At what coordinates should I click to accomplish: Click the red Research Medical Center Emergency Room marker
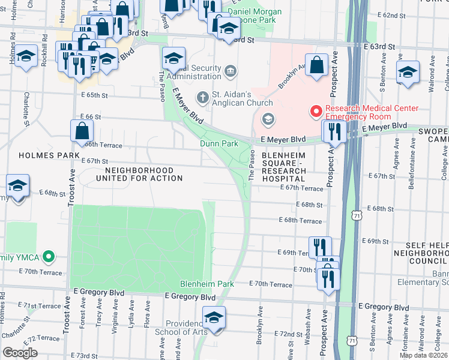(316, 112)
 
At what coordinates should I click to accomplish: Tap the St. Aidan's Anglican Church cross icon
(203, 97)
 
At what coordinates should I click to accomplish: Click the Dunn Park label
(219, 144)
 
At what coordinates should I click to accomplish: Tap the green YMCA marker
(50, 258)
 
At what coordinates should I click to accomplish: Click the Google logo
(20, 353)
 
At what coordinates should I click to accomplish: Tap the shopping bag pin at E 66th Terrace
(82, 130)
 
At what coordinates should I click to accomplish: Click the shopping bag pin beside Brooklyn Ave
(316, 64)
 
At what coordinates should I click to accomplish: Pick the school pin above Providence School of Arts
(214, 317)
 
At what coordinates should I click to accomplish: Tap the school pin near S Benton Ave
(408, 72)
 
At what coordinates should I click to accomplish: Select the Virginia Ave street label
(113, 319)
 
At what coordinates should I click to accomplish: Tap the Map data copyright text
(423, 355)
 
